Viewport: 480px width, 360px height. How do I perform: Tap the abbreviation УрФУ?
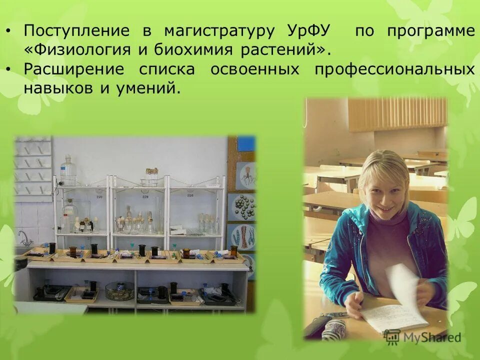pyautogui.click(x=309, y=31)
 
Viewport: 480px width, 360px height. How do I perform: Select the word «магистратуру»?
pyautogui.click(x=219, y=31)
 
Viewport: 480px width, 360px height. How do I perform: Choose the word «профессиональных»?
pyautogui.click(x=394, y=69)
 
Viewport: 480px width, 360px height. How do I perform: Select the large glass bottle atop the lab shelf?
pyautogui.click(x=68, y=170)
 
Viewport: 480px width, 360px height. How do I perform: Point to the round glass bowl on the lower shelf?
pyautogui.click(x=119, y=290)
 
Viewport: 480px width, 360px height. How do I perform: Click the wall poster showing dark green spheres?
pyautogui.click(x=242, y=206)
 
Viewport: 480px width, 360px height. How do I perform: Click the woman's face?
pyautogui.click(x=380, y=185)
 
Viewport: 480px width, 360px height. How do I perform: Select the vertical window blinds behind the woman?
pyautogui.click(x=397, y=114)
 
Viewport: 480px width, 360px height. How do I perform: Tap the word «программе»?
pyautogui.click(x=430, y=31)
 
